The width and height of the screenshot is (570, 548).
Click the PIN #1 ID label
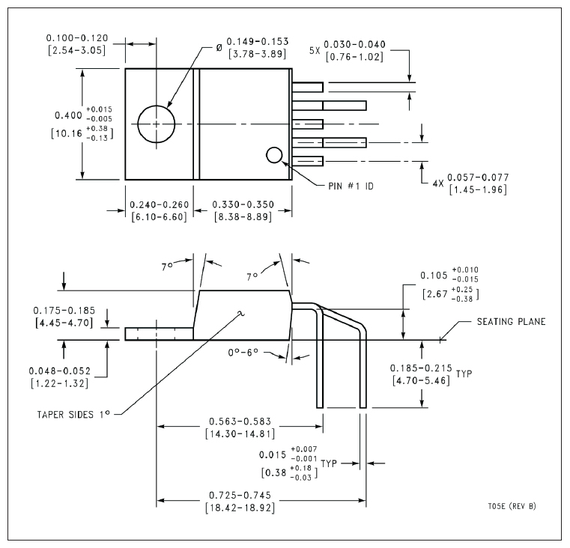pyautogui.click(x=351, y=186)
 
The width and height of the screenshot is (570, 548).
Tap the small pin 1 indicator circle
pyautogui.click(x=274, y=155)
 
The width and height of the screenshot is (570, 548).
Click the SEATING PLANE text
pyautogui.click(x=511, y=322)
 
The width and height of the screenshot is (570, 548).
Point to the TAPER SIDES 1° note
pyautogui.click(x=73, y=414)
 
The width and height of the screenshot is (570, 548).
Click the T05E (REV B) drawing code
pyautogui.click(x=512, y=506)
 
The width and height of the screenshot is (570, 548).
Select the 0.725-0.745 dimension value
pyautogui.click(x=240, y=495)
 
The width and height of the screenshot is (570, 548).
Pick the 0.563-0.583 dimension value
pyautogui.click(x=240, y=421)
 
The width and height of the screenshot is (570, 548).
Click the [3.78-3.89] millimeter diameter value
pyautogui.click(x=258, y=54)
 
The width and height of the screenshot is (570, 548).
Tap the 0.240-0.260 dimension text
pyautogui.click(x=160, y=204)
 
